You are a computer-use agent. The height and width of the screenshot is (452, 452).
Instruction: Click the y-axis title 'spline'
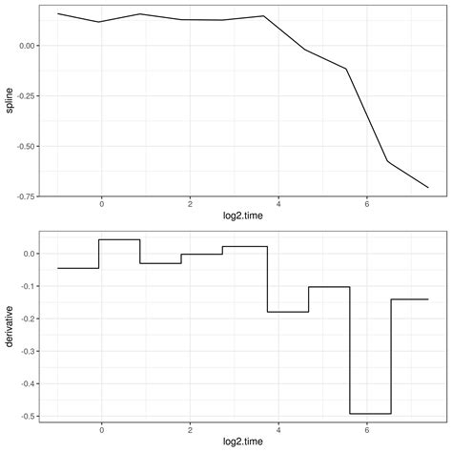(10, 101)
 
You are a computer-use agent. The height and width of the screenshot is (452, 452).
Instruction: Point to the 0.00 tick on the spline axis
(26, 46)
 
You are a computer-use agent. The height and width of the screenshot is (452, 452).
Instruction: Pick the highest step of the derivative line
(119, 239)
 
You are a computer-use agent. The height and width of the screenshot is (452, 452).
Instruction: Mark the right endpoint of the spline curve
(428, 187)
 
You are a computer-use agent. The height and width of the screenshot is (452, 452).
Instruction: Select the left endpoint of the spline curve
(57, 13)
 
